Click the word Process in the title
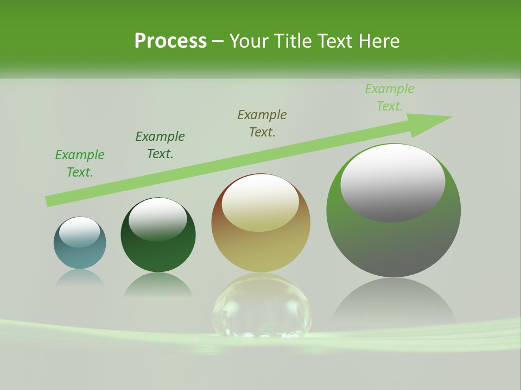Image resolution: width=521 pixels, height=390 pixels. [x=170, y=41]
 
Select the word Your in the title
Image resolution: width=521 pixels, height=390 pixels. [x=249, y=41]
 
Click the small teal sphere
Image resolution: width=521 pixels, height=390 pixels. [x=80, y=255]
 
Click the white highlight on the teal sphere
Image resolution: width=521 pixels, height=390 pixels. [x=79, y=232]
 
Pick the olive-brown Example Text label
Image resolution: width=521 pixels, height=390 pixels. [x=262, y=123]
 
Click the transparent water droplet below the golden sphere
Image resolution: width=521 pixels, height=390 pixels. [x=262, y=306]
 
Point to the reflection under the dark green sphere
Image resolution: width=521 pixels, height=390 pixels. [x=158, y=285]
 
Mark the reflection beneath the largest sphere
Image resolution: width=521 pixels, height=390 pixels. [x=393, y=303]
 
